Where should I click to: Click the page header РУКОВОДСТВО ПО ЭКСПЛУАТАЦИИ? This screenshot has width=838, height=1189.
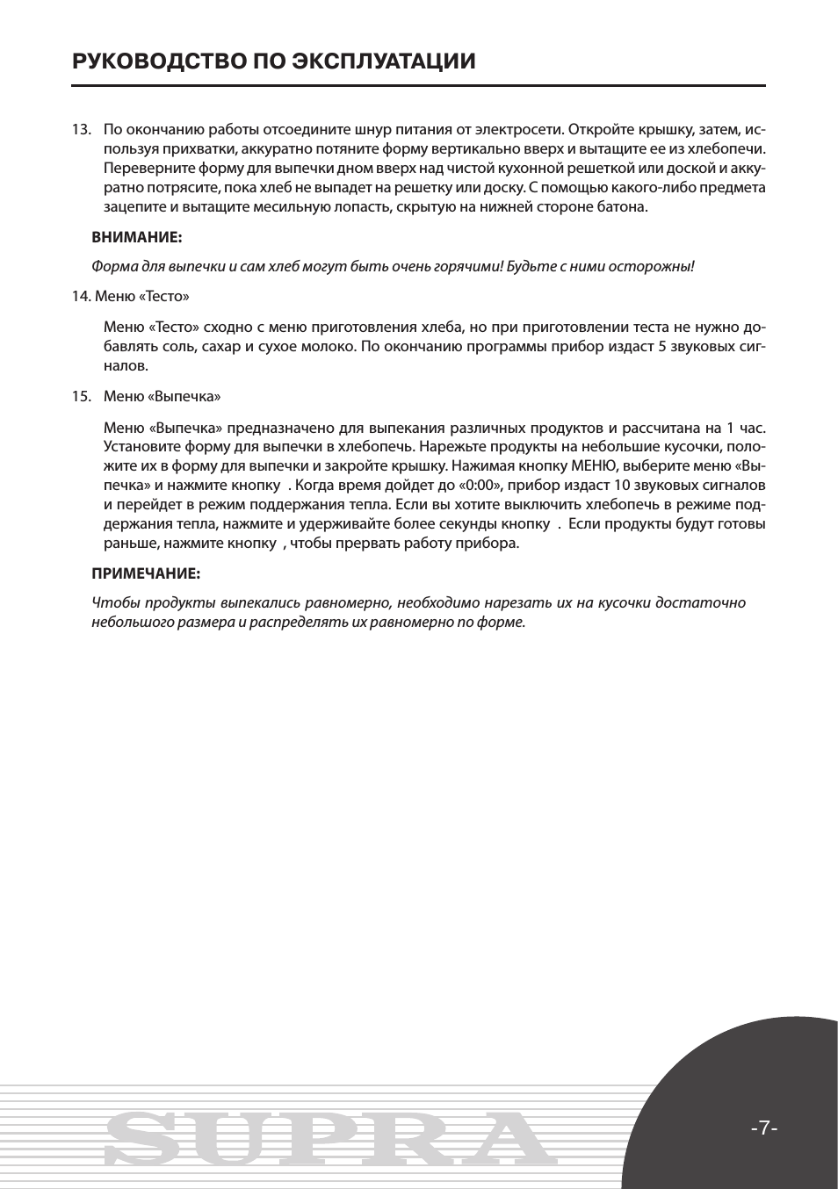pyautogui.click(x=274, y=61)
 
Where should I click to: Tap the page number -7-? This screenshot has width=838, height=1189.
pyautogui.click(x=764, y=1128)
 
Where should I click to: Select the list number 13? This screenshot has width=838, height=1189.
pyautogui.click(x=81, y=130)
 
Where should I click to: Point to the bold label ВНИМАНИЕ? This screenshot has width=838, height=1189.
pyautogui.click(x=137, y=237)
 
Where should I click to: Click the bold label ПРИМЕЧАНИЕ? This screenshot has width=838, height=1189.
pyautogui.click(x=146, y=573)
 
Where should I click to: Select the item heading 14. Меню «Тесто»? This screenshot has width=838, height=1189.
pyautogui.click(x=130, y=296)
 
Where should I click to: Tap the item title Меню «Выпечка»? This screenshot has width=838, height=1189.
pyautogui.click(x=162, y=396)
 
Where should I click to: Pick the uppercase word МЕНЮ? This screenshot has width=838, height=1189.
pyautogui.click(x=594, y=465)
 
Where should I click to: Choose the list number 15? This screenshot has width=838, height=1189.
pyautogui.click(x=81, y=396)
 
